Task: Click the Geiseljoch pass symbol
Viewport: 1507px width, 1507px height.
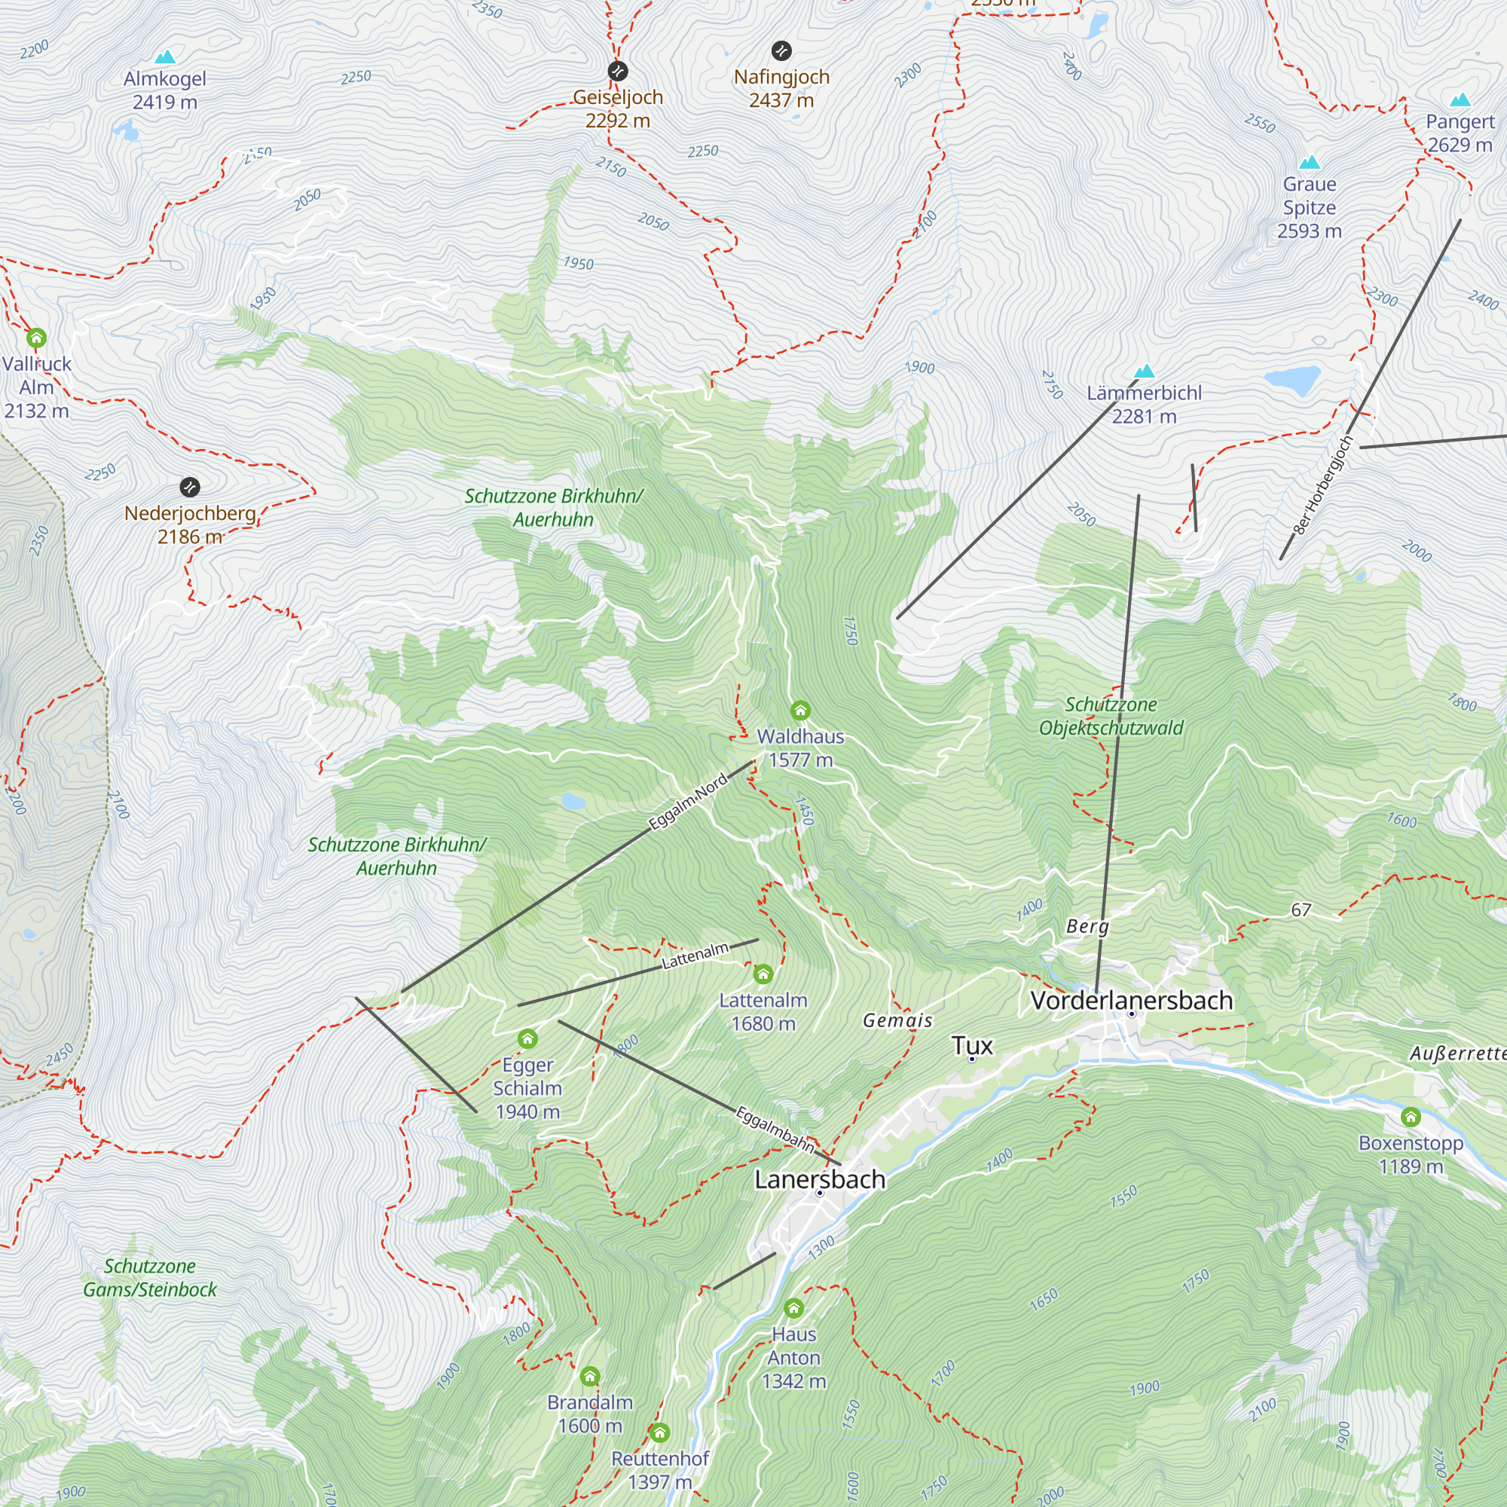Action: tap(618, 71)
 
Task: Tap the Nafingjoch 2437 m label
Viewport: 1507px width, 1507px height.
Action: tap(781, 88)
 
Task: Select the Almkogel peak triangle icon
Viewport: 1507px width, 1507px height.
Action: tap(164, 57)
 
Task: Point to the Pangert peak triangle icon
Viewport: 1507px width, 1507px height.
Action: tap(1460, 100)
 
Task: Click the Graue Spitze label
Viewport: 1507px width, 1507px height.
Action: tap(1309, 206)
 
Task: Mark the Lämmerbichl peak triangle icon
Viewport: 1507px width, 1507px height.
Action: tap(1145, 371)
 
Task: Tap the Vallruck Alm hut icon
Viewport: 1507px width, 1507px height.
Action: tap(37, 338)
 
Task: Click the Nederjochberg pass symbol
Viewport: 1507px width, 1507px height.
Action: tap(190, 488)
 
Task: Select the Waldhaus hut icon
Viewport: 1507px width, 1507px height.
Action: tap(800, 711)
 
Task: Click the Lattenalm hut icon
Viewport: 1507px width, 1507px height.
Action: tap(763, 974)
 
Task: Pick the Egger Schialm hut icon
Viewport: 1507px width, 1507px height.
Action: tap(527, 1039)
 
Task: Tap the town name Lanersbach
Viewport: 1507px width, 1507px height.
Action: tap(820, 1178)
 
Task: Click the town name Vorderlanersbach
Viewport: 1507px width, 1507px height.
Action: tap(1131, 1000)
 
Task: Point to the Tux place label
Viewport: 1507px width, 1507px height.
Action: tap(972, 1045)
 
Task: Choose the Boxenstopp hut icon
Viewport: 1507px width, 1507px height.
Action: tap(1411, 1117)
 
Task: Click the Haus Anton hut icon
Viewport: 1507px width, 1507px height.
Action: tap(793, 1308)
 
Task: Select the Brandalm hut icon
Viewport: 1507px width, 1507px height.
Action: tap(590, 1376)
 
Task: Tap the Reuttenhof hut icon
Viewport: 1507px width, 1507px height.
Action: tap(660, 1432)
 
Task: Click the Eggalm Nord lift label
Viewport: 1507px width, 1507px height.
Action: tap(688, 801)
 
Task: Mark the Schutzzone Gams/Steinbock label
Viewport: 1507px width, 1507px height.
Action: tap(150, 1278)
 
